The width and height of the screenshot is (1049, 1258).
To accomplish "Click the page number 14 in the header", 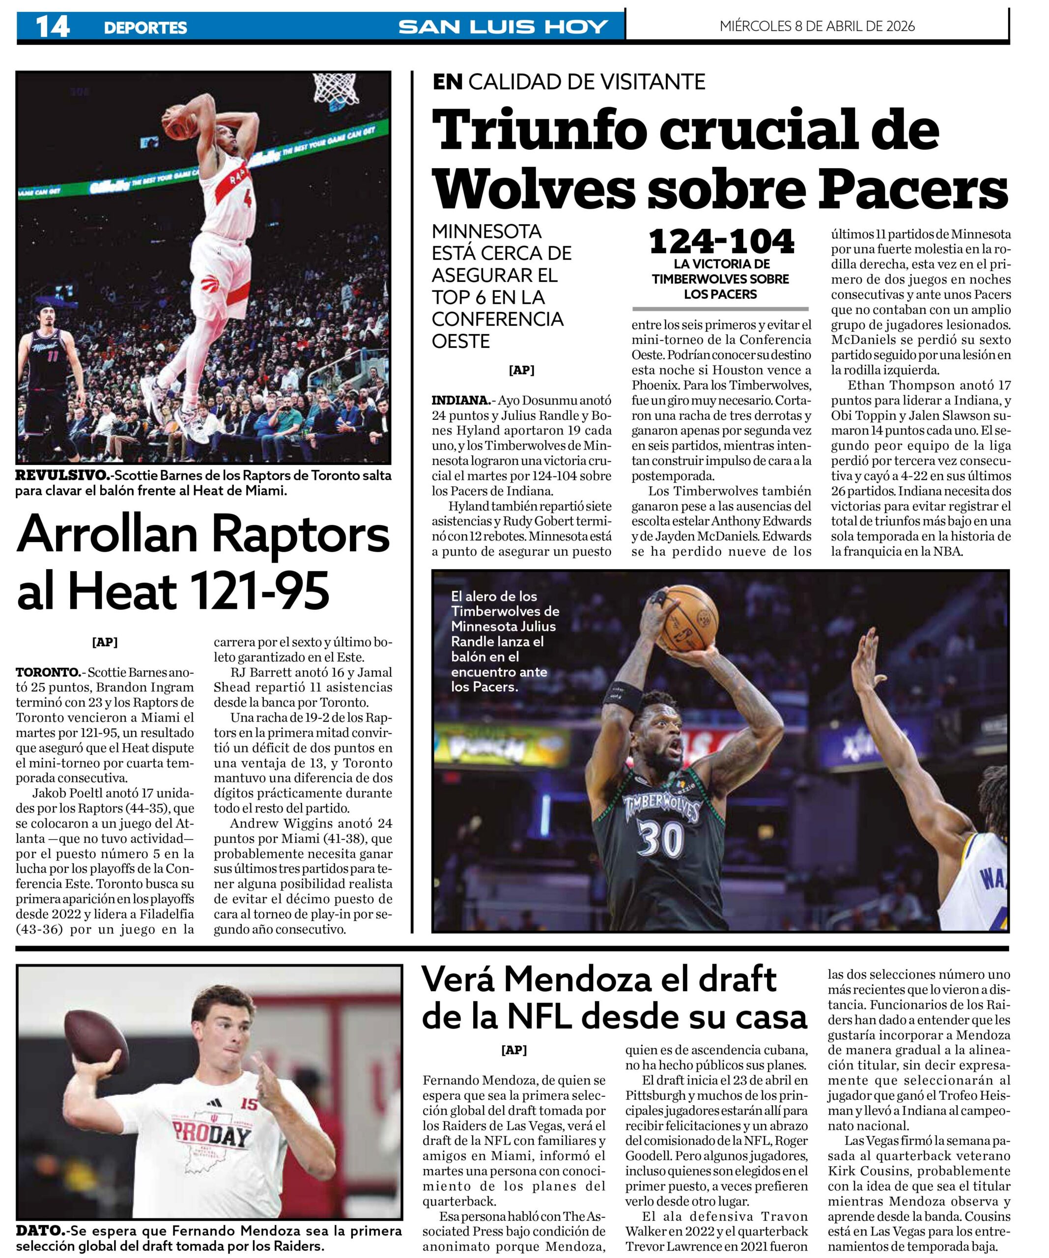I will point(52,27).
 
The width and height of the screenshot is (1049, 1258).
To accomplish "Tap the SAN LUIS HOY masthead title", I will point(503,27).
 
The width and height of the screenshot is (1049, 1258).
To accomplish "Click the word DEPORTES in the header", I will point(145,28).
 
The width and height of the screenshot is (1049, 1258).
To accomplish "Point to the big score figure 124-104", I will point(721,241).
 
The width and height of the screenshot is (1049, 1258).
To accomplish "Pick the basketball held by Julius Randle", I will point(689,619).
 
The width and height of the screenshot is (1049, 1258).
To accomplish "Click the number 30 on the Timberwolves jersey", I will point(660,839).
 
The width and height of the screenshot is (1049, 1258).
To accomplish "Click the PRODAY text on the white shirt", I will point(211,1134).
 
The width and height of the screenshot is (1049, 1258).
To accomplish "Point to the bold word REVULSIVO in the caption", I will point(62,476).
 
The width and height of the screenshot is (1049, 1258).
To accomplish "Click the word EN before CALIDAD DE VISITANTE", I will point(448,82).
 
